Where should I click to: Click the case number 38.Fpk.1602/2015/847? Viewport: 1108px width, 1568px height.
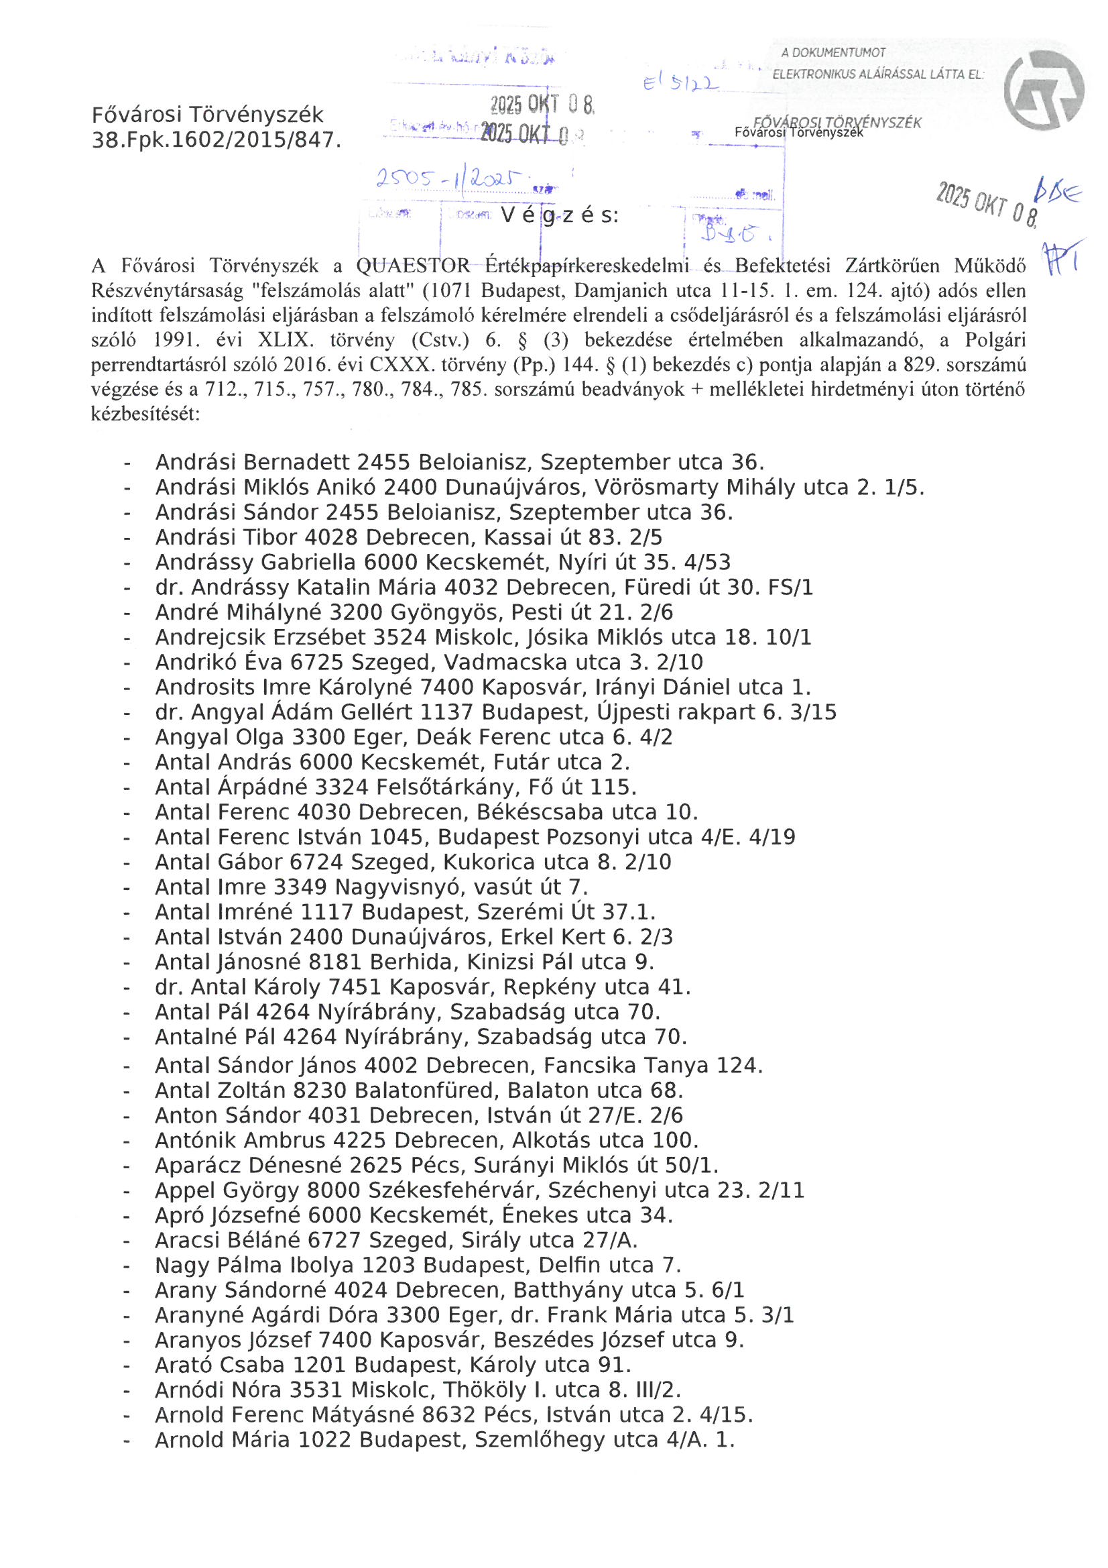point(216,141)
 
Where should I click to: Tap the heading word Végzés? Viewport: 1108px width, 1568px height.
point(560,216)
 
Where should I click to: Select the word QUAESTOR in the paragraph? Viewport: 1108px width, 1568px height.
point(413,266)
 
